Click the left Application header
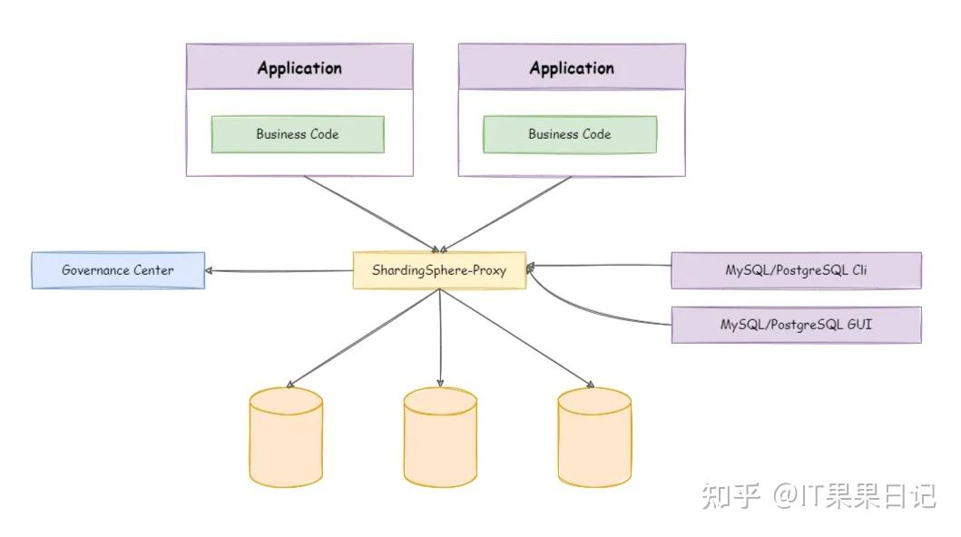299,68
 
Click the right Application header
572,68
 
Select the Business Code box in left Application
298,134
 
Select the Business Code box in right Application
570,134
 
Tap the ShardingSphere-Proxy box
439,270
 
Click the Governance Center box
118,270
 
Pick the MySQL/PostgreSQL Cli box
796,270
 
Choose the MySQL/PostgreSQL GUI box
796,324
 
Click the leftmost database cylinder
286,436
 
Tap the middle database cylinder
440,436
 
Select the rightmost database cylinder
594,436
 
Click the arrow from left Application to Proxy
372,214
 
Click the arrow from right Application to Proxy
505,214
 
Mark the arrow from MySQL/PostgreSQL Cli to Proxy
599,266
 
